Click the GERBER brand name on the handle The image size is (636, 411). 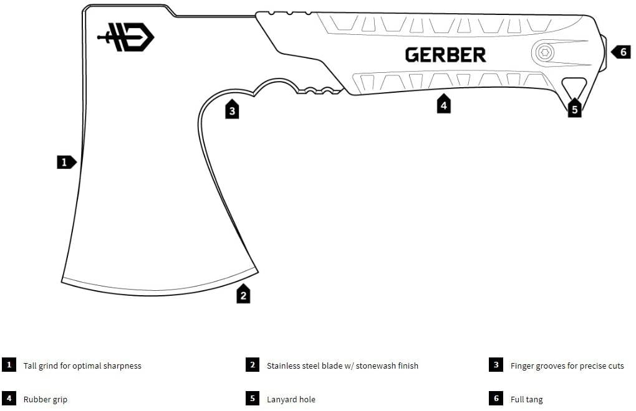coord(445,55)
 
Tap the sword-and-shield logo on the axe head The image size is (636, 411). coord(125,37)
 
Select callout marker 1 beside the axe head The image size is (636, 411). coord(65,162)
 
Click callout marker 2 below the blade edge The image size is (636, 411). coord(243,295)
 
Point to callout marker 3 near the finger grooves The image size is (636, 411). coord(232,110)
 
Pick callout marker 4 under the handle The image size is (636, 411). coord(443,105)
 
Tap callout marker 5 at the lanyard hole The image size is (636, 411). coord(574,109)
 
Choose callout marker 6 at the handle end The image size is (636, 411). coord(622,52)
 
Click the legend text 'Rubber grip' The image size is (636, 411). coord(46,399)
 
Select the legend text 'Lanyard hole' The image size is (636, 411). coord(291,399)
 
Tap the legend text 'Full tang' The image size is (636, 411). coord(526,399)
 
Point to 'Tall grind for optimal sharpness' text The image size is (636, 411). coord(82,366)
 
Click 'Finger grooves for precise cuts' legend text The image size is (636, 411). coord(567,366)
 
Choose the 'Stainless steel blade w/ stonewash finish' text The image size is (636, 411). coord(342,366)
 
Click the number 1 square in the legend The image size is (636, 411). coord(9,365)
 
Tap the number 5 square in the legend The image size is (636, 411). coord(253,399)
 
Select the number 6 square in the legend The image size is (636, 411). coord(496,399)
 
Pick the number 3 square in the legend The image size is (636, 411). coord(496,365)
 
